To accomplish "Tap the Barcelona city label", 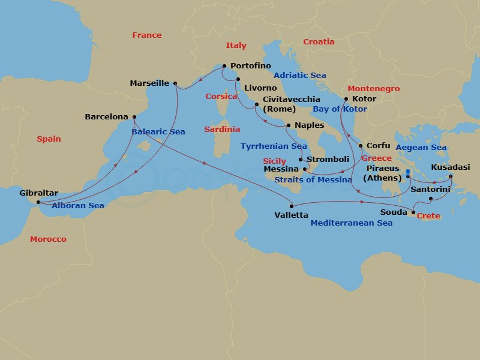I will pos(106,117).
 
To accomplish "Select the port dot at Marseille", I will pos(175,83).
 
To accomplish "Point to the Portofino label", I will pos(250,66).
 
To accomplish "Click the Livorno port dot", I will pos(238,79).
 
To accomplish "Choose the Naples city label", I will pos(310,125).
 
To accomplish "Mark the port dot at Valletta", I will pos(292,205).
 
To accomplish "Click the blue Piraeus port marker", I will pos(407,172).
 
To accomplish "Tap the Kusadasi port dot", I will pos(451,176).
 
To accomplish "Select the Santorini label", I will pos(430,189).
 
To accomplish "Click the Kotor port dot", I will pos(346,99).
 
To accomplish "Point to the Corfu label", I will pos(377,145).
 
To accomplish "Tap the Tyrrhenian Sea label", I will pos(274,146).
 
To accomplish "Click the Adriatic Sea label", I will pos(299,75).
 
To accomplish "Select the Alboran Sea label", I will pos(78,206).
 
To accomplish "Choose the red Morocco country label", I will pos(48,239).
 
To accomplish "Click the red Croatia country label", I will pos(319,42).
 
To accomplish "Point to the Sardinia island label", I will pos(222,129).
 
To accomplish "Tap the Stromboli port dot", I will pos(301,160).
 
